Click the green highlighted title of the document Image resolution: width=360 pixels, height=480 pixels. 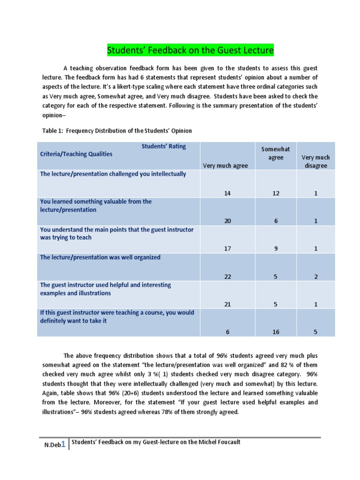[190, 50]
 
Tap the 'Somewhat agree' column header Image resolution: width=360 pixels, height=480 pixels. [276, 153]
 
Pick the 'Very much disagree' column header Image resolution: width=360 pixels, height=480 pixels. [315, 162]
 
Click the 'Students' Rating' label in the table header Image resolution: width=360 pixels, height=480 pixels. [164, 146]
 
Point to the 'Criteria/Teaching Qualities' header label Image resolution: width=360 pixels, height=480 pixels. [76, 154]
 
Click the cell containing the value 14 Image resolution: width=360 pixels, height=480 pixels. [227, 193]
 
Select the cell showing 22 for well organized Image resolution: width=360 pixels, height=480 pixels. [227, 277]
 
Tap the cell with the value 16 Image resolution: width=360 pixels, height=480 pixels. [276, 332]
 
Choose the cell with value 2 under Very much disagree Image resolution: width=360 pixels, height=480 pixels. [316, 277]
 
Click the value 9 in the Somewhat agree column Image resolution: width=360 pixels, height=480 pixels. [276, 249]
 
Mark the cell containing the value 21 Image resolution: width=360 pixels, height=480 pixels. [227, 304]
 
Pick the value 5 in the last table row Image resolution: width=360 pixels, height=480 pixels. [316, 332]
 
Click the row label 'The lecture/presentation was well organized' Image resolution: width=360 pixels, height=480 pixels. [100, 257]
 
